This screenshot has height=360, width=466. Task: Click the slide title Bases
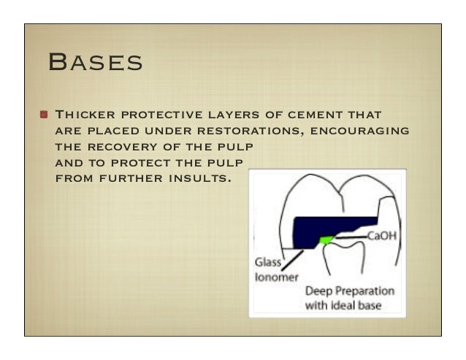point(94,62)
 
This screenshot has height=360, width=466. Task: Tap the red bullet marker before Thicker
point(45,115)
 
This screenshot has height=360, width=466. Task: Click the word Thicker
point(85,115)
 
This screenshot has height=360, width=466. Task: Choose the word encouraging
point(359,131)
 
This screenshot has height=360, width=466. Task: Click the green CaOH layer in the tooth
point(326,239)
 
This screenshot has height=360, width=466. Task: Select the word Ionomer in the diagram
point(272,276)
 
